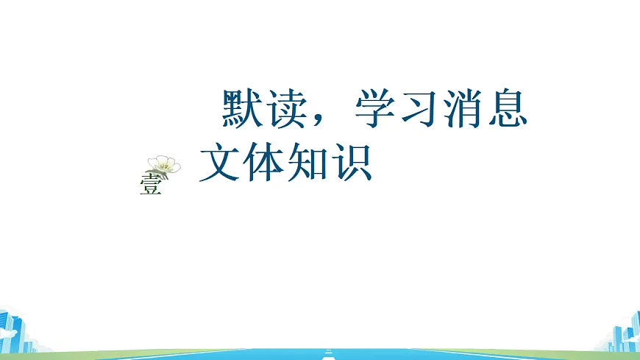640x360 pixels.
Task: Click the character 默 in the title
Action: click(243, 110)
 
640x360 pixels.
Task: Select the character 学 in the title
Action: click(376, 110)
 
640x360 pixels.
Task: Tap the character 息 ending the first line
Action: click(508, 110)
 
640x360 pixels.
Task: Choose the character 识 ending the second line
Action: click(353, 163)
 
